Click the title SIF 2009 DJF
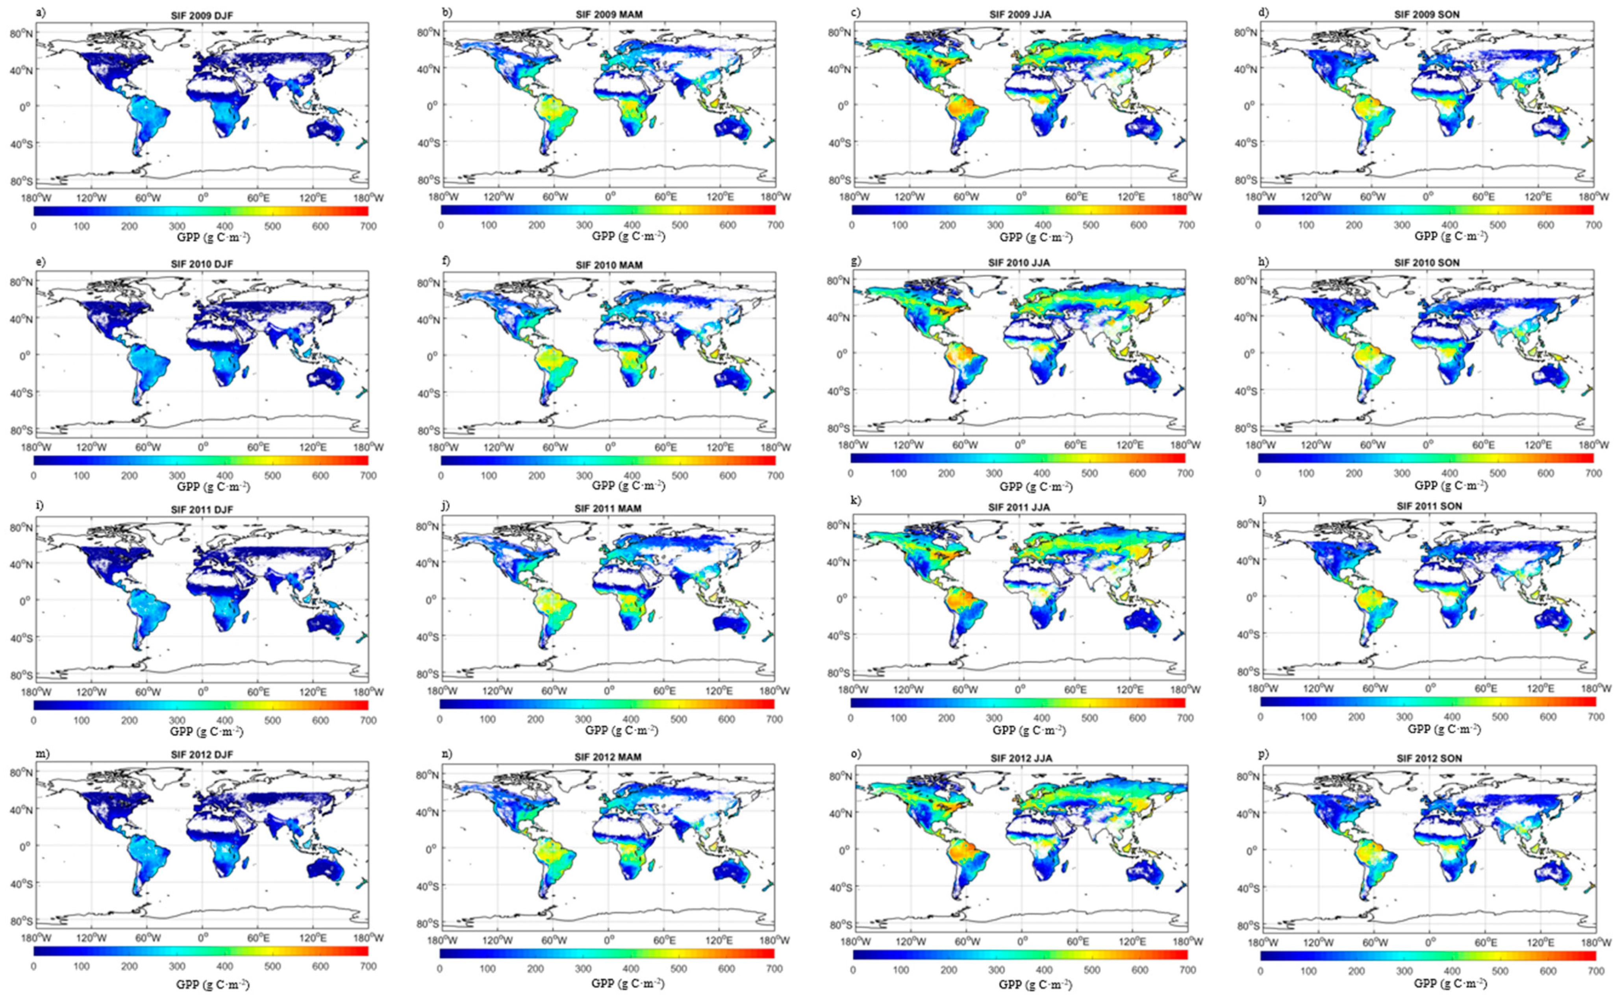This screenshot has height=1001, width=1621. (x=201, y=15)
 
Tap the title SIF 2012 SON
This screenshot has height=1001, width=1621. (x=1428, y=758)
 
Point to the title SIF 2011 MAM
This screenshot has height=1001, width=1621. (x=609, y=509)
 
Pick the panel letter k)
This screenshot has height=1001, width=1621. (x=856, y=500)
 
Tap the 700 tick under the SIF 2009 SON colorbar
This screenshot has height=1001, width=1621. (x=1593, y=225)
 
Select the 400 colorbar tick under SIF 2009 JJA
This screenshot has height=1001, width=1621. (x=1043, y=225)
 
